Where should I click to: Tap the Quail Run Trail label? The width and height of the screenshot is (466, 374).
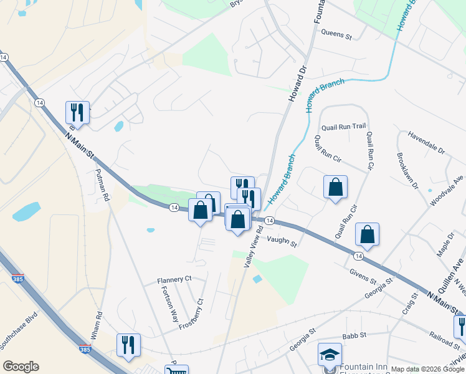343,127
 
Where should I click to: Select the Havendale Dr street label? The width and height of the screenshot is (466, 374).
426,143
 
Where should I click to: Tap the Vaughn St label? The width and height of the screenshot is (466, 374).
282,241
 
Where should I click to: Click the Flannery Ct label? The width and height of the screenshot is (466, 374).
174,280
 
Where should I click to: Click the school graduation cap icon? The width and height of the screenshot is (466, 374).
330,355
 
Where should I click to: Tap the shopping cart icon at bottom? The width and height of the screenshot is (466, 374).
176,370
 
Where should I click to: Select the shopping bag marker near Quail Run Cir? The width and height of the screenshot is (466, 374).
335,187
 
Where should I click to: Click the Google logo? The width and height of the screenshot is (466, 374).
21,367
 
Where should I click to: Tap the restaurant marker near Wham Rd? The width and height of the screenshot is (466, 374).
128,345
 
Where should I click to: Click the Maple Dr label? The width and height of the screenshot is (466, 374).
447,245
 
